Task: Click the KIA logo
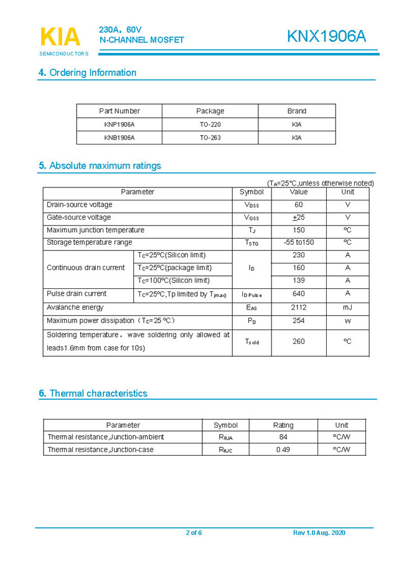[x=60, y=37]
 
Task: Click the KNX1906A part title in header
[x=326, y=37]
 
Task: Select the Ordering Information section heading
[x=87, y=73]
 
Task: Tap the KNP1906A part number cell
[x=119, y=125]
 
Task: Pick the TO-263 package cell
[x=210, y=138]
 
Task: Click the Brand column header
[x=296, y=111]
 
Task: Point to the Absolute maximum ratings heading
[x=100, y=166]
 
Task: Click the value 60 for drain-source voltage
[x=298, y=205]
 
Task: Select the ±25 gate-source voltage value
[x=298, y=217]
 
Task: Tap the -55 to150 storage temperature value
[x=298, y=242]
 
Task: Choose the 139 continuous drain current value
[x=298, y=281]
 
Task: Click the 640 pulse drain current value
[x=298, y=294]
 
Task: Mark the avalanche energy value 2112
[x=298, y=308]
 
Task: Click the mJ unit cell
[x=347, y=308]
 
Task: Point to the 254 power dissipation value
[x=298, y=321]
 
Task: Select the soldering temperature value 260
[x=298, y=341]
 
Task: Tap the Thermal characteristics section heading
[x=93, y=394]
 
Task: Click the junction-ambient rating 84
[x=283, y=437]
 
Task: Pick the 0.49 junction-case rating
[x=283, y=450]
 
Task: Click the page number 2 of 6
[x=194, y=533]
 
